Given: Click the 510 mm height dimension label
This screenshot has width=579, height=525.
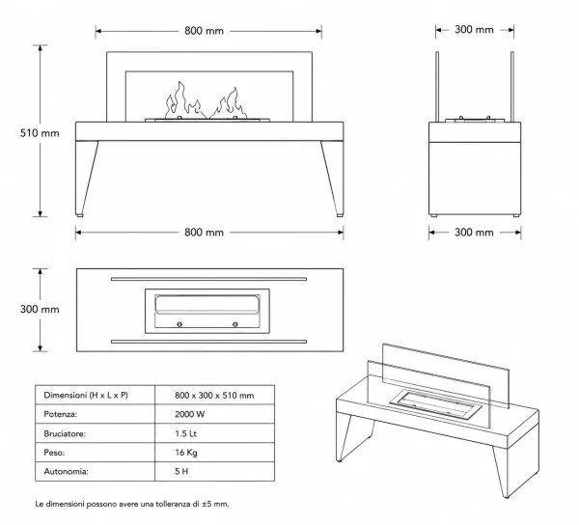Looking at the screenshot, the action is [40, 133].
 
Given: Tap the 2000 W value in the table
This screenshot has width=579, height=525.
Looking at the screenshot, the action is [190, 414].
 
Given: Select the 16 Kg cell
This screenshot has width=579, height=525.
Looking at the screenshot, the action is [186, 453].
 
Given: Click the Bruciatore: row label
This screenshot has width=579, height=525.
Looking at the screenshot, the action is [65, 433].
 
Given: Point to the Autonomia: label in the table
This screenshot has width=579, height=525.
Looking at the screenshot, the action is [66, 472].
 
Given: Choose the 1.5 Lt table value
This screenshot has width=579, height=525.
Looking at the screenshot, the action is [185, 433].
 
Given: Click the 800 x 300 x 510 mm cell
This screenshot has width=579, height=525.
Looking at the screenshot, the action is [214, 396].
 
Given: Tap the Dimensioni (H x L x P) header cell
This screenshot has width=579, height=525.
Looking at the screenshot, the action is [86, 395].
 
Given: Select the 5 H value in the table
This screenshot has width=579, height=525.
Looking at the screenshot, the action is [181, 472].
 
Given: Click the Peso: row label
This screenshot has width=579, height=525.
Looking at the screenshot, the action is [54, 453].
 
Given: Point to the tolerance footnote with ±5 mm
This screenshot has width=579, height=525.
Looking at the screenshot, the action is [132, 504].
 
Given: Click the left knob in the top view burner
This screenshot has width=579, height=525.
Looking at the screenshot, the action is [179, 324].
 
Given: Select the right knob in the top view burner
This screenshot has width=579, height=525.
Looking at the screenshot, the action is [235, 324].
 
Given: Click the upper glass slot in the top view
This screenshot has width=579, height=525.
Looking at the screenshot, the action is [208, 279].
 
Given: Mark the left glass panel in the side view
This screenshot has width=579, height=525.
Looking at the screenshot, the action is [437, 87].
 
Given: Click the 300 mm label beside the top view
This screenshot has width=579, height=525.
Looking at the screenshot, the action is [40, 309].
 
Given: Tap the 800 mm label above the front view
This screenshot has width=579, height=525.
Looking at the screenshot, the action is [204, 31].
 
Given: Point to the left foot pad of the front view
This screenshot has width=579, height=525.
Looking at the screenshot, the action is [79, 215].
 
